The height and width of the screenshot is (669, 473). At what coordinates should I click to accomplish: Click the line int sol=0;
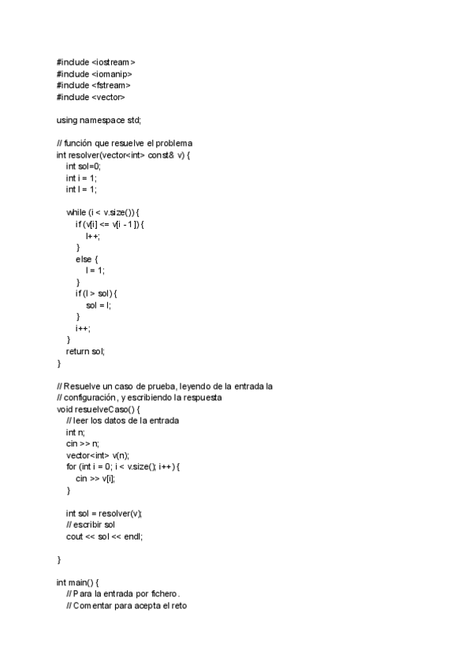(x=84, y=166)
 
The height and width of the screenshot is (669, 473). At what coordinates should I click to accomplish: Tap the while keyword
(x=76, y=212)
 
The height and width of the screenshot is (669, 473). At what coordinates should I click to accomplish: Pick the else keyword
(x=84, y=259)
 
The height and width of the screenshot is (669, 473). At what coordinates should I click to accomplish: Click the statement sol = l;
(x=99, y=305)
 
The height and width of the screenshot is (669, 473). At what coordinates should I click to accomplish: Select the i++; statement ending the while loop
(x=83, y=327)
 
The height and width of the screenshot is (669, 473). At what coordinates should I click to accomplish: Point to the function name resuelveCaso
(x=100, y=409)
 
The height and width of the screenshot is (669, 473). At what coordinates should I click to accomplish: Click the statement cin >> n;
(x=83, y=444)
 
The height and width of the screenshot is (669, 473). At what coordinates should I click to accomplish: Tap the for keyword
(x=71, y=467)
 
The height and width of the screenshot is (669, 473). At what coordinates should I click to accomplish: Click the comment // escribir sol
(x=91, y=525)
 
